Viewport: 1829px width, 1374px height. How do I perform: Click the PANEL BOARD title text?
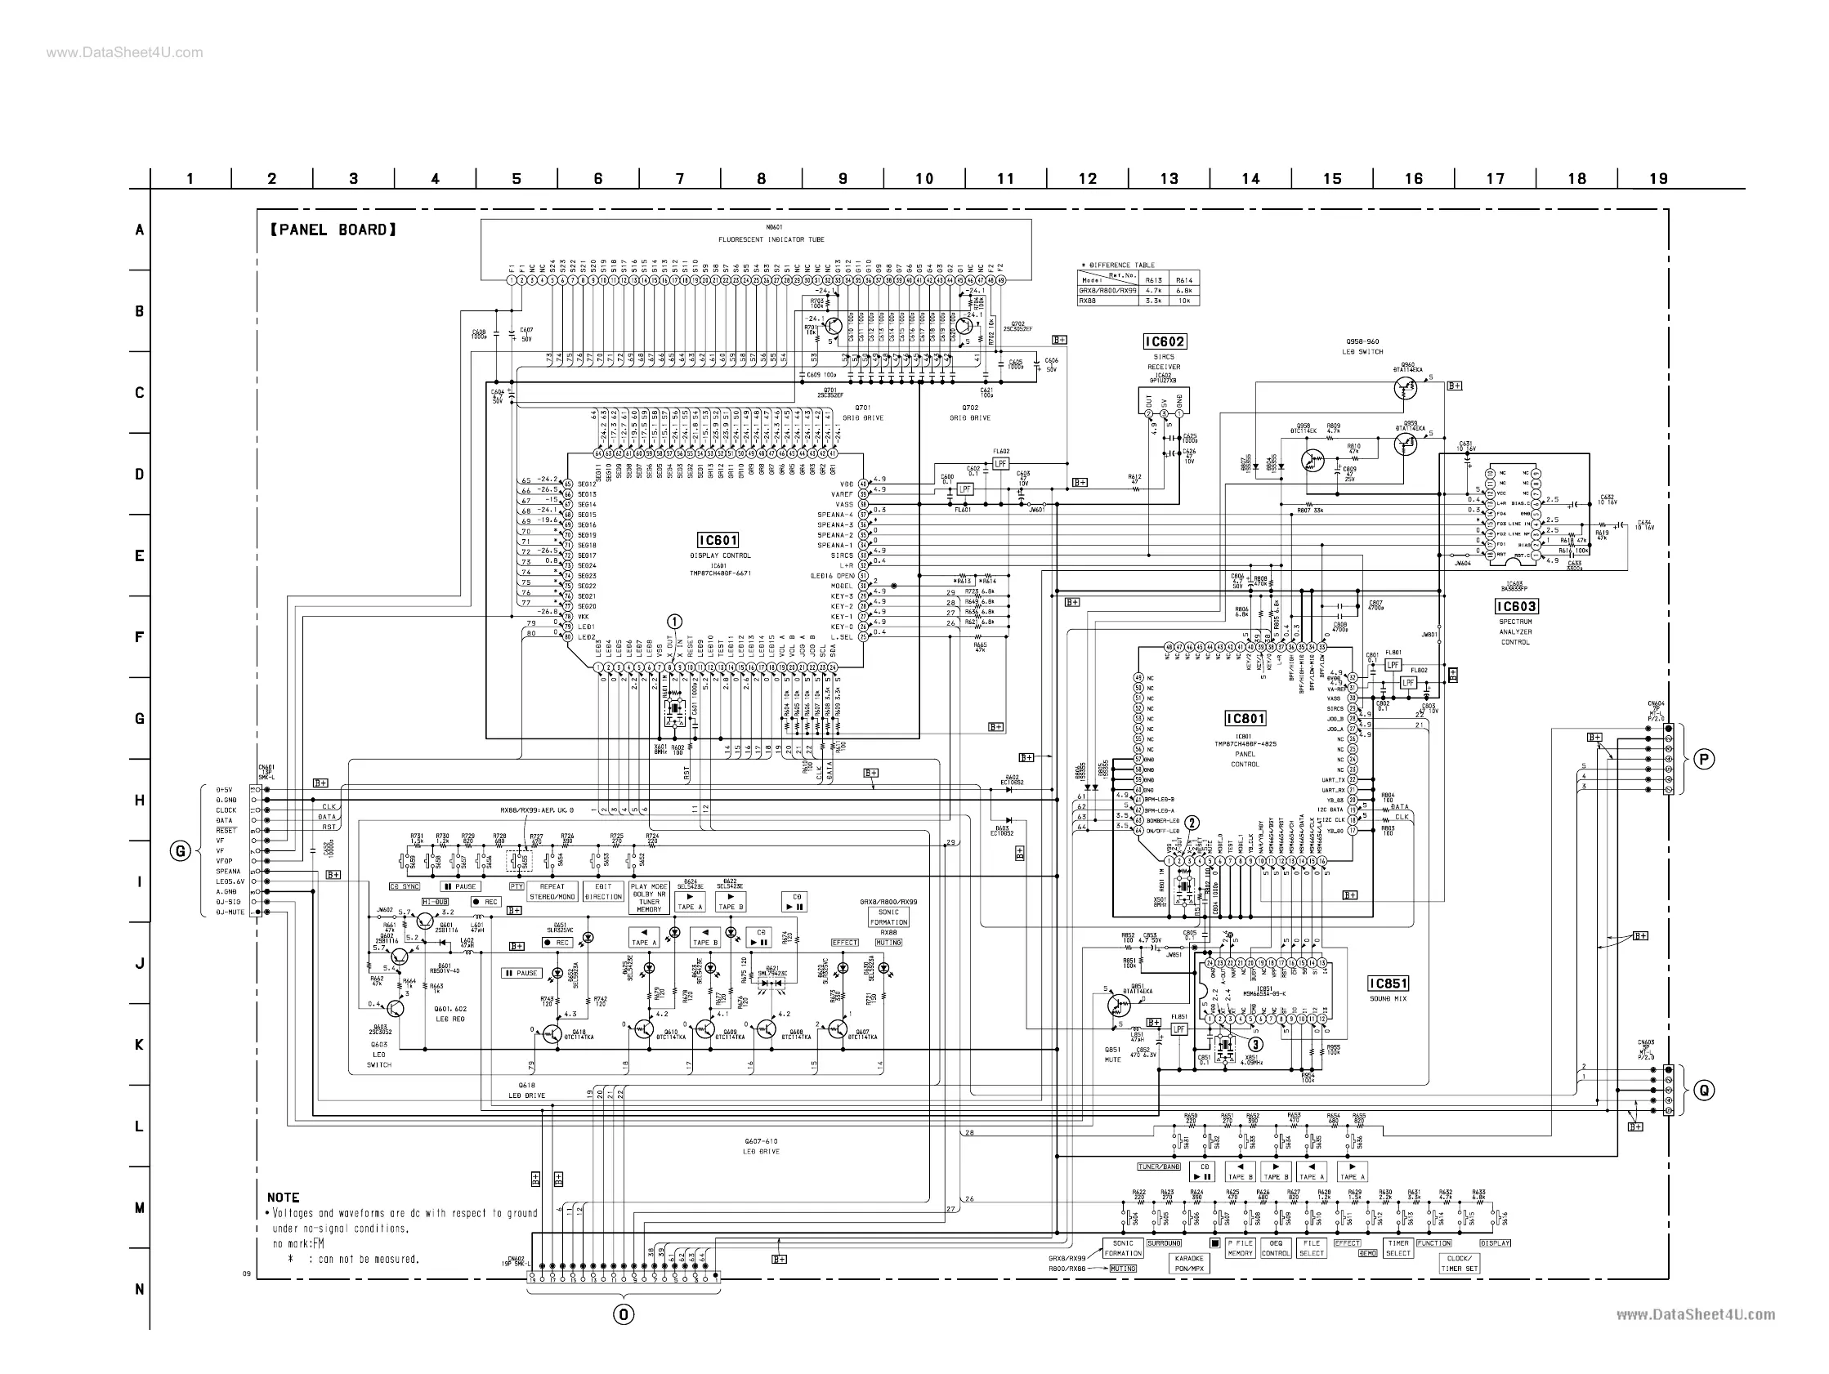click(333, 230)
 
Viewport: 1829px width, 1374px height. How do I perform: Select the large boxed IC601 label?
click(718, 541)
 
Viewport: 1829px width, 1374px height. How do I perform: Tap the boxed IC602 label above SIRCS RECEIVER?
click(1165, 341)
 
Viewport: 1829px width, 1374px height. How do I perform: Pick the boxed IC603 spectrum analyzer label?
click(1516, 607)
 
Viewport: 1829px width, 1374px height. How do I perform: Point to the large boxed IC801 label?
click(1245, 718)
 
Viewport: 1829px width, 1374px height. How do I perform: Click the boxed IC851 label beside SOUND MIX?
click(1388, 983)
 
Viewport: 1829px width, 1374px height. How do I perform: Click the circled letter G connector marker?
click(181, 850)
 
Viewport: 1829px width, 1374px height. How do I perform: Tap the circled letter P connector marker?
click(1704, 760)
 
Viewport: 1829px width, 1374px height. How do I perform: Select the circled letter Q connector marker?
click(1704, 1091)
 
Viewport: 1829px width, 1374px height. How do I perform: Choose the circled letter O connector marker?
click(624, 1314)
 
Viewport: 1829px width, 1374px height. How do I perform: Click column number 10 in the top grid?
click(923, 179)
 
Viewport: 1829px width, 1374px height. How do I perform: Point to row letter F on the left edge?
click(139, 637)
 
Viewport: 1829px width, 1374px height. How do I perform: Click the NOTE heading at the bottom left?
click(283, 1197)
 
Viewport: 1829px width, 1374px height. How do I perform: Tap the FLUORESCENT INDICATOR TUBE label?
click(771, 239)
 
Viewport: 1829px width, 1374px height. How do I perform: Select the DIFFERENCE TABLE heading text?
click(1120, 265)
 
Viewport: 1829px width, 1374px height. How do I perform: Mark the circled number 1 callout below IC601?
click(675, 622)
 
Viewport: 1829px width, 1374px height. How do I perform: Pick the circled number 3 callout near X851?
click(1255, 1044)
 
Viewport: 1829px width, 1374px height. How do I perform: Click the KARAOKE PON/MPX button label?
click(1189, 1262)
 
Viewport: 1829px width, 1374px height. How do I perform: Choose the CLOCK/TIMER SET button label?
click(1460, 1263)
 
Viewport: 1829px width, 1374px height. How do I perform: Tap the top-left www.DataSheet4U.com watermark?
click(124, 53)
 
